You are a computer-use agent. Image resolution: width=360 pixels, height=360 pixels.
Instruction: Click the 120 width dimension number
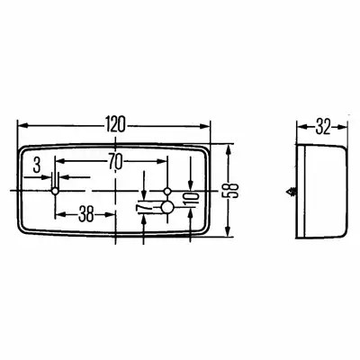point(115,125)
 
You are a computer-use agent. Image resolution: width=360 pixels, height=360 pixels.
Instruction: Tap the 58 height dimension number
point(231,191)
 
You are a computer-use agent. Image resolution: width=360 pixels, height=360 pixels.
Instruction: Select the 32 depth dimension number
point(322,127)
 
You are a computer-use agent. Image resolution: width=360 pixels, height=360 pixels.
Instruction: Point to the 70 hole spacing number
point(115,162)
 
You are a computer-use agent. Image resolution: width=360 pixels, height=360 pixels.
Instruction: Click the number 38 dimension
point(85,215)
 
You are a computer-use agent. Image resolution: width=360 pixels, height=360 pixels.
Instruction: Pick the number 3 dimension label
point(37,166)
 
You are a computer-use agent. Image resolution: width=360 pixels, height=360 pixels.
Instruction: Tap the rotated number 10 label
point(193,199)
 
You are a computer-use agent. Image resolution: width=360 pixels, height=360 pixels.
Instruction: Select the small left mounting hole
point(55,191)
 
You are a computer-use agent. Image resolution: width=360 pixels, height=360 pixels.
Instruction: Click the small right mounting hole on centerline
point(167,191)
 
